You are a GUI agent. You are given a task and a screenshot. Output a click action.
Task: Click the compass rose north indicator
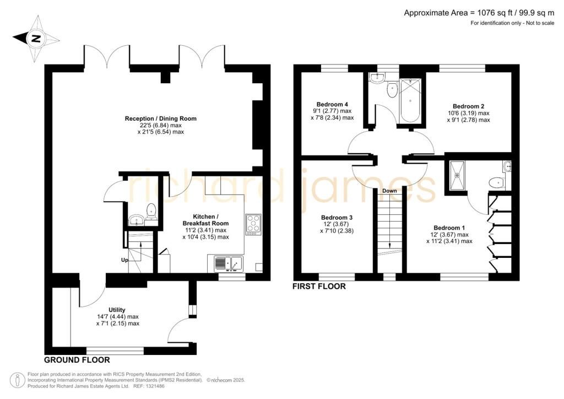point(36,38)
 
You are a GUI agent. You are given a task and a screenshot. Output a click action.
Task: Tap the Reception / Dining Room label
point(161,118)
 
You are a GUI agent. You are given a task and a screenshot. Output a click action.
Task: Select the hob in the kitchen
point(253,224)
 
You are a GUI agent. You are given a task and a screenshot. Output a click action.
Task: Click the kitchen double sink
point(229,263)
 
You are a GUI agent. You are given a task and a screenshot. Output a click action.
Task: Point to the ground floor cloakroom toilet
point(151,211)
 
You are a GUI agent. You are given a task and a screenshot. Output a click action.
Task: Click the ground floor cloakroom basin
point(136,220)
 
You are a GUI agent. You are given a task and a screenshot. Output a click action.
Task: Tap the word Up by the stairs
point(124,260)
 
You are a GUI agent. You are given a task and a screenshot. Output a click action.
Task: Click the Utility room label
point(117,310)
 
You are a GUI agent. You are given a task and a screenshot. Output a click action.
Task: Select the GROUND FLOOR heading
point(77,360)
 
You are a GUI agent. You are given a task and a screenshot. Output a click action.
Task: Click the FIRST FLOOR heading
point(319,287)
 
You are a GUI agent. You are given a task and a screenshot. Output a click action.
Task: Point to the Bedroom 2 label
point(468,106)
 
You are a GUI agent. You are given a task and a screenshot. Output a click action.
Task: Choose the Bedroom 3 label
point(337,217)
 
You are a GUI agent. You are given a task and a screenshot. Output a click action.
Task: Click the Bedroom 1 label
point(449,228)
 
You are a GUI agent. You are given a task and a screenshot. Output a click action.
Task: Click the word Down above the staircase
point(389,191)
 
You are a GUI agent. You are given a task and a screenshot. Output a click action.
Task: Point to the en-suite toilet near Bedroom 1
point(496,182)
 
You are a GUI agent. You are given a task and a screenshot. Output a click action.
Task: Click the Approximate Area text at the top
point(479,13)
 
